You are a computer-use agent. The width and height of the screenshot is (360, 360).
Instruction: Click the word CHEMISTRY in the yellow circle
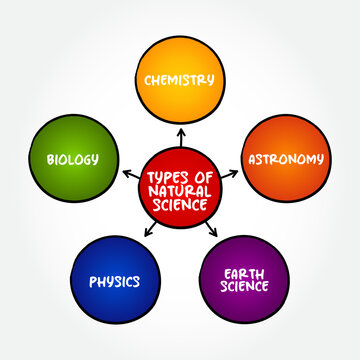point(180,79)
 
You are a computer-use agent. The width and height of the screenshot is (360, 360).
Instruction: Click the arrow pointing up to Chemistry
point(180,134)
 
